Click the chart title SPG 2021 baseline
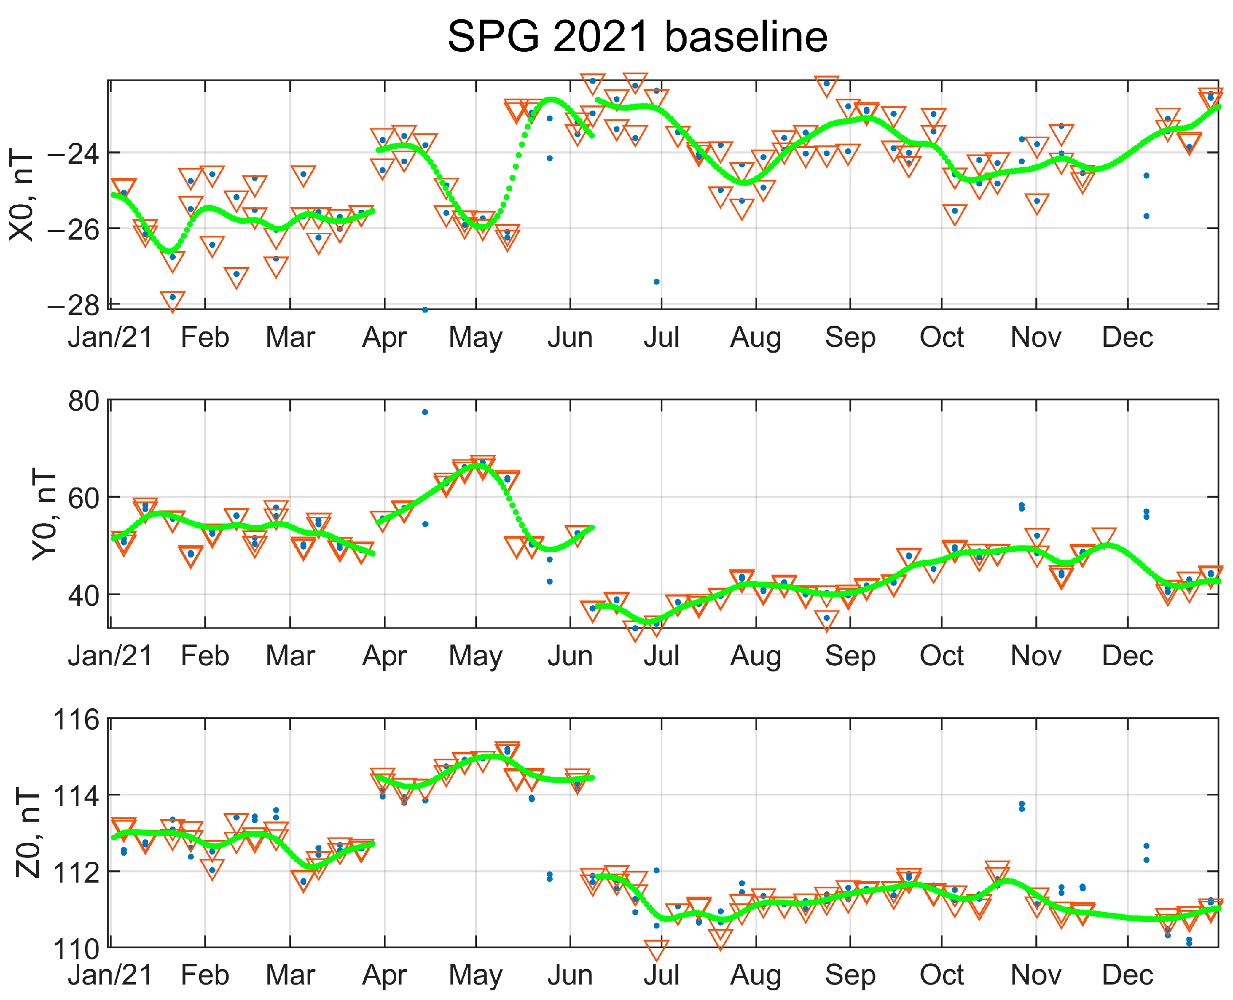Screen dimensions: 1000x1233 [637, 37]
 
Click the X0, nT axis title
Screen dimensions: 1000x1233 [22, 194]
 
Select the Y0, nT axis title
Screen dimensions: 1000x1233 [44, 513]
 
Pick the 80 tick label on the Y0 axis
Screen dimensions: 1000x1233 [84, 401]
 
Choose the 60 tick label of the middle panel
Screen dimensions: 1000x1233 [84, 498]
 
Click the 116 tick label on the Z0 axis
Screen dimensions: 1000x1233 [76, 720]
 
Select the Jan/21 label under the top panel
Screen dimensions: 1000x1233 [110, 337]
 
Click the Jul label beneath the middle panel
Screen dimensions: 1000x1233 [661, 656]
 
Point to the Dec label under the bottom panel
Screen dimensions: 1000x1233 [1127, 975]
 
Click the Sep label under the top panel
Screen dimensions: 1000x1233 [850, 337]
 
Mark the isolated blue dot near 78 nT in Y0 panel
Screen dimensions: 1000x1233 [425, 413]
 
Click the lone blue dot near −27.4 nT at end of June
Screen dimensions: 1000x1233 [657, 282]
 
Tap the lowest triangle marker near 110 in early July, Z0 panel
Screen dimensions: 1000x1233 [657, 949]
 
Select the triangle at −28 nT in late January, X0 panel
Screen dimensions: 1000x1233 [173, 300]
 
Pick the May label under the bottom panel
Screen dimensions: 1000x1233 [475, 975]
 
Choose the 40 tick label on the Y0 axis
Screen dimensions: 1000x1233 [84, 595]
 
